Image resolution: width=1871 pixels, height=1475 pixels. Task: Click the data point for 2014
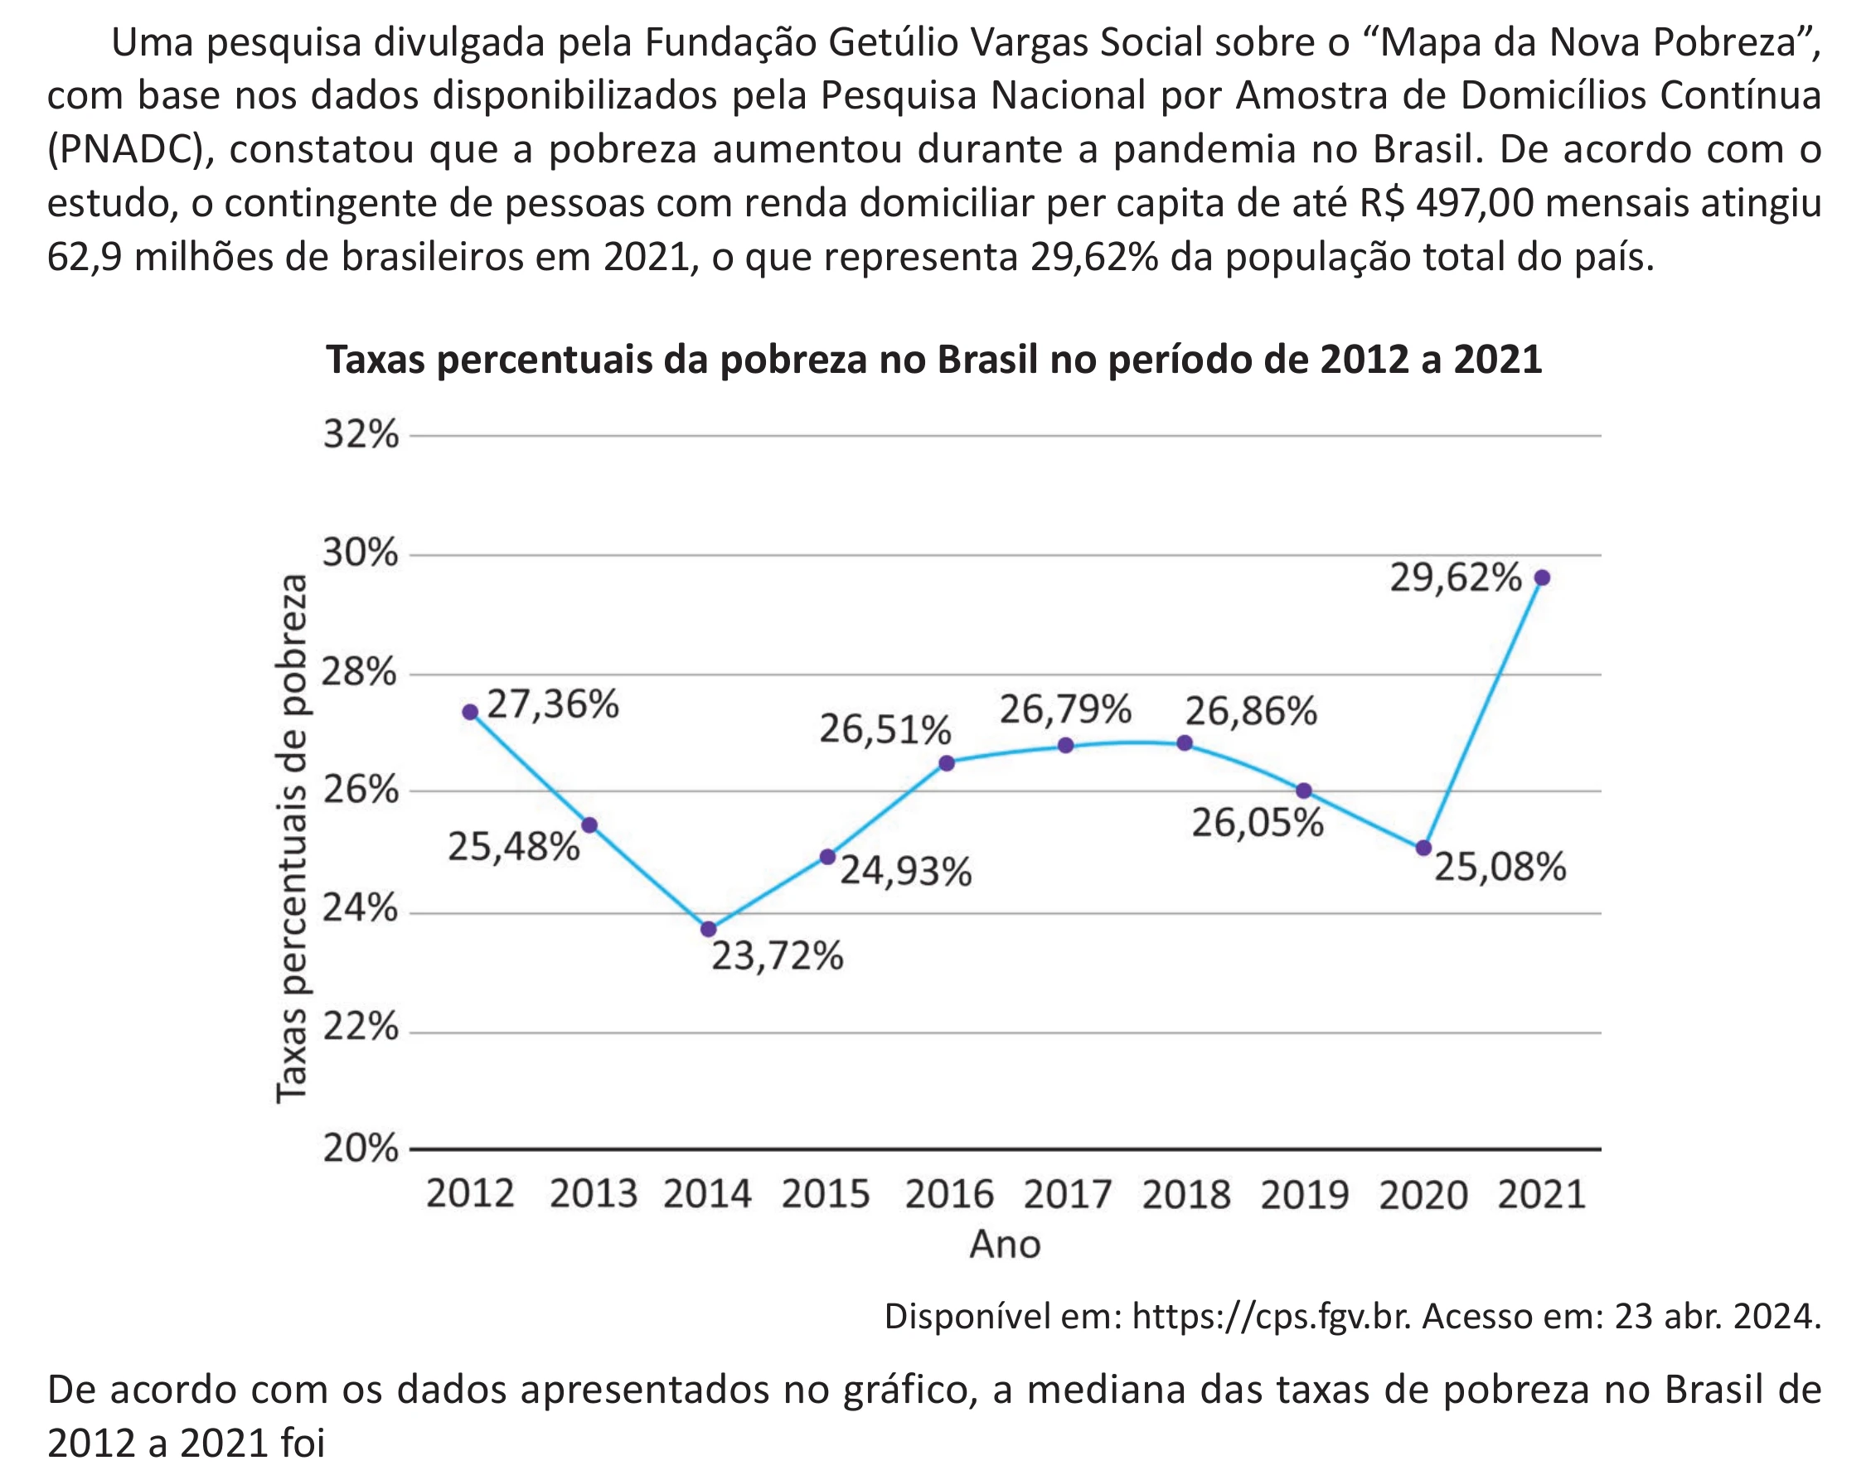pos(708,929)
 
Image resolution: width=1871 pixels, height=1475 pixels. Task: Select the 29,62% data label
pos(1456,577)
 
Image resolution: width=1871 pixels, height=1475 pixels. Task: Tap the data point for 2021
pos(1542,578)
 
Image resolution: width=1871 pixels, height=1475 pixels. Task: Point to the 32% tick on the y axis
pos(361,434)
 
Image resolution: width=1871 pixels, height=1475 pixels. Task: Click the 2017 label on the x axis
pos(1068,1194)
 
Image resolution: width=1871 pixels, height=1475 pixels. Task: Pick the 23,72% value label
pos(778,956)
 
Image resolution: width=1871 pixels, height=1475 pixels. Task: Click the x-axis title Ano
pos(1005,1245)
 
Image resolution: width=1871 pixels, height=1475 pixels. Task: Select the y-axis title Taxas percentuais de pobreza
pos(292,839)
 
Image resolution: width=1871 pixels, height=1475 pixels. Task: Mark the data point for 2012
pos(470,712)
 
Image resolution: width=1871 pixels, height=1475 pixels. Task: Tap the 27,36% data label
pos(553,704)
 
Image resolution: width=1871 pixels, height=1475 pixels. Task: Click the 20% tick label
pos(361,1149)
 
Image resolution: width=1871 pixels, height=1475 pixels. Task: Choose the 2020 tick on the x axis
pos(1423,1194)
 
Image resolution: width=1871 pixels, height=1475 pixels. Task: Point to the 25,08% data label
pos(1500,866)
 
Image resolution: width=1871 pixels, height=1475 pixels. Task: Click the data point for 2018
pos(1185,742)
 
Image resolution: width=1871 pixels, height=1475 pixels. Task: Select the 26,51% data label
pos(885,730)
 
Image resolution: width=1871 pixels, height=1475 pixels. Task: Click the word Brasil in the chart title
pos(987,360)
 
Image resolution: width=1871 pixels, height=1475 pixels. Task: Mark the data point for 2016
pos(947,762)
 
